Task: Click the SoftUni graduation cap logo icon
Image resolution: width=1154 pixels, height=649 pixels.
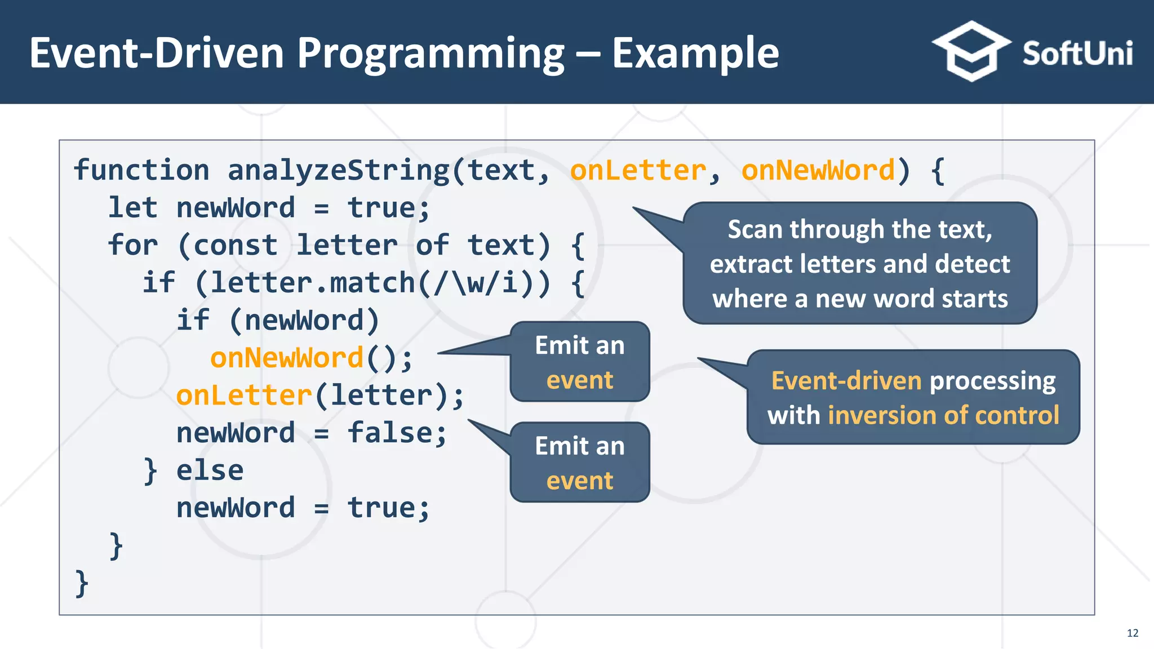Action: coord(970,52)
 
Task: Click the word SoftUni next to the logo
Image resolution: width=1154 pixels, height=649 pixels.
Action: coord(1077,54)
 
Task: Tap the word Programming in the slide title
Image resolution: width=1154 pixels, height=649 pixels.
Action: coord(430,54)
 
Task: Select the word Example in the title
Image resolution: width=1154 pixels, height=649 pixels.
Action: coord(695,53)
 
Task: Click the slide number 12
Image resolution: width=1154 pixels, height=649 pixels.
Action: coord(1133,633)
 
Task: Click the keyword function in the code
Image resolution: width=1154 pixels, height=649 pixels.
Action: coord(141,170)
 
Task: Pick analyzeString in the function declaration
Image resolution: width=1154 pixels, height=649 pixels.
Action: coord(338,170)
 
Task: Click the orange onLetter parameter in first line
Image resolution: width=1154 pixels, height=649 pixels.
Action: coord(638,170)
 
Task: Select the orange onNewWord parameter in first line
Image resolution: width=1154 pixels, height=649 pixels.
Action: coord(818,170)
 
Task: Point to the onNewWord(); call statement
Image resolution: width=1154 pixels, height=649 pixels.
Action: coord(311,358)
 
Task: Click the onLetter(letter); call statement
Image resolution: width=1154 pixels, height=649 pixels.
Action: coord(319,395)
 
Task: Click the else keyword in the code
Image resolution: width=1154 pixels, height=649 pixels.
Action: coord(210,470)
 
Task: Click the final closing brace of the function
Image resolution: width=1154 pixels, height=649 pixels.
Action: coord(82,583)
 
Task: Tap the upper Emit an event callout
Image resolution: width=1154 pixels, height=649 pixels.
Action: coord(579,362)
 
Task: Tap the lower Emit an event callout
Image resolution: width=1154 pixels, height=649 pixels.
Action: coord(579,463)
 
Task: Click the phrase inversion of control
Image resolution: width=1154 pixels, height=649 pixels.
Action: coord(943,415)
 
